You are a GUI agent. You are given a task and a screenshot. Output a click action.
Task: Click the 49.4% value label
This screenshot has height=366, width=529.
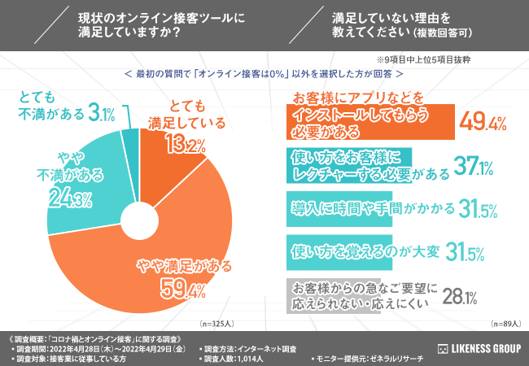click(x=483, y=123)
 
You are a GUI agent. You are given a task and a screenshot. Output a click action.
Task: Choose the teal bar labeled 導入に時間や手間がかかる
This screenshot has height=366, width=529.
click(x=358, y=209)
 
